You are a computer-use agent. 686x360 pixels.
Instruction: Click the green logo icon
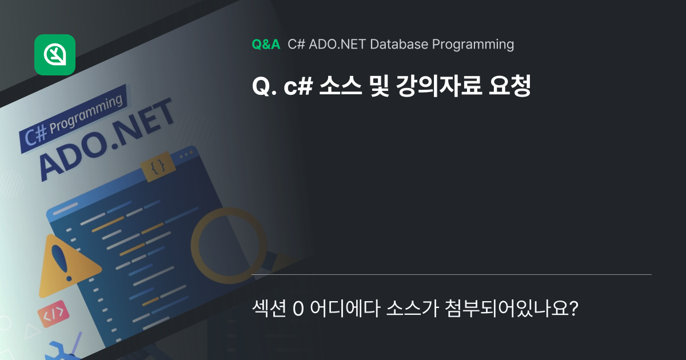[x=55, y=55]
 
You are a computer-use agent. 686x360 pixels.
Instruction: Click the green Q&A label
[x=266, y=44]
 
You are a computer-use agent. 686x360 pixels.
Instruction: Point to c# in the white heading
[x=296, y=86]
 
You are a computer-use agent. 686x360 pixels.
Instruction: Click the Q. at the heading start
[x=264, y=86]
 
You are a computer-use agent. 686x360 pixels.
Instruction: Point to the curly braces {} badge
[x=158, y=167]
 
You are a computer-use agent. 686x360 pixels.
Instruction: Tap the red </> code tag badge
[x=53, y=313]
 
